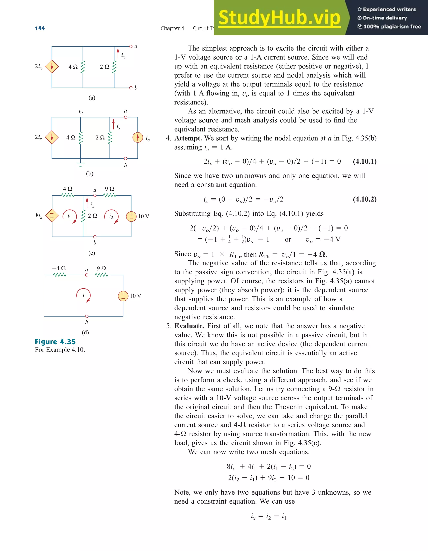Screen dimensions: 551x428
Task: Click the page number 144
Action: (x=40, y=28)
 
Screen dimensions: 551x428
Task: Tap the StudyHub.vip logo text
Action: (x=279, y=18)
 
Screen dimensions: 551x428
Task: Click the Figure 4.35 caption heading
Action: (x=55, y=342)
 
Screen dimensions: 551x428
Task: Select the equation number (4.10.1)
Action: (x=365, y=161)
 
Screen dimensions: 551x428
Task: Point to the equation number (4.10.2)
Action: (x=365, y=199)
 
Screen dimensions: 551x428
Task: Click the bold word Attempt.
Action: (x=188, y=138)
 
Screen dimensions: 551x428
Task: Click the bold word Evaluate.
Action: (x=189, y=326)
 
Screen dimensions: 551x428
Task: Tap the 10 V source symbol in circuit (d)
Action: (x=123, y=296)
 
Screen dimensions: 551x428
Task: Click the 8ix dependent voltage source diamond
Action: (x=52, y=216)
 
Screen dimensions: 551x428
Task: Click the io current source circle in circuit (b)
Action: (x=138, y=137)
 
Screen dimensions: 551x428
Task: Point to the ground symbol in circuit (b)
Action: (x=80, y=165)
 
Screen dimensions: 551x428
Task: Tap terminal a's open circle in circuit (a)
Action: (x=131, y=46)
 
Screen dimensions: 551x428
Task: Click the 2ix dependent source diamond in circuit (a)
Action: (x=52, y=66)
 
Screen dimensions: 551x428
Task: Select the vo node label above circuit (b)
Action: (x=81, y=112)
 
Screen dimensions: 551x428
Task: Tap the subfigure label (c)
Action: (x=92, y=253)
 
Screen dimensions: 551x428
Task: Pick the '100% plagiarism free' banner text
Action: (x=389, y=27)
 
